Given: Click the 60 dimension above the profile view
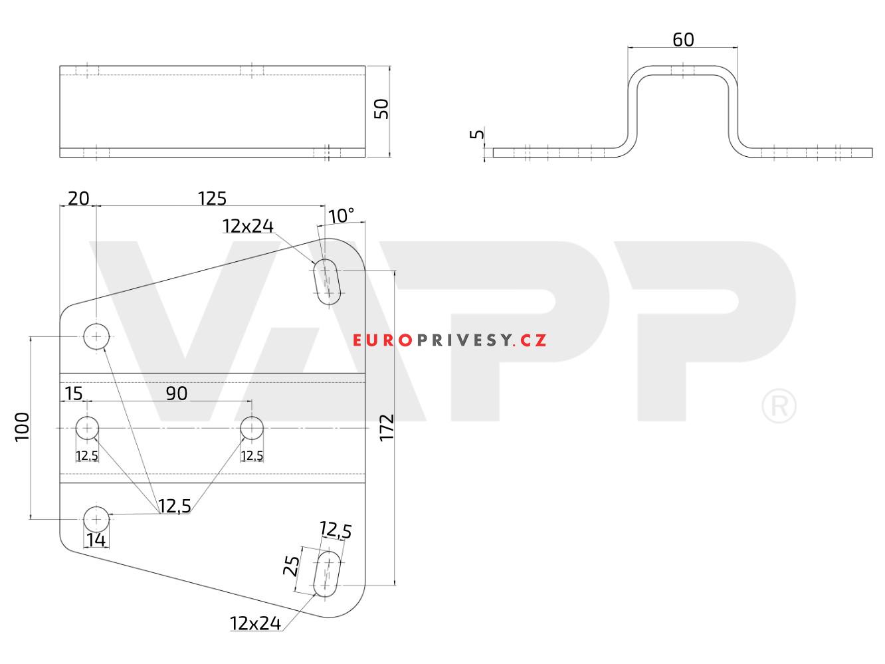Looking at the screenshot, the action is point(683,39).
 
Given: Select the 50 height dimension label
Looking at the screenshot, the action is point(381,109).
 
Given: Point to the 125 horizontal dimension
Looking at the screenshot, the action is point(212,198).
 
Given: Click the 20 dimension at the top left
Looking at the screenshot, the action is point(78,198).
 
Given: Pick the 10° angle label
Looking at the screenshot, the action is point(341,216).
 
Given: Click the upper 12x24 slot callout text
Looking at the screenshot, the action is point(248,226).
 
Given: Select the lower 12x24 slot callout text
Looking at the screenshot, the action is point(255,623).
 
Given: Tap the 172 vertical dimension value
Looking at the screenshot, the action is point(387,428).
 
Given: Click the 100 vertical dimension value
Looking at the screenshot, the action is point(22,427).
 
